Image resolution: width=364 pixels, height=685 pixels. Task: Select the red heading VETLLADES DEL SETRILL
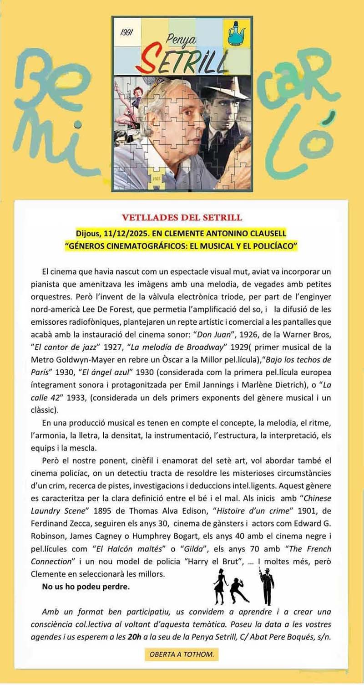(x=182, y=217)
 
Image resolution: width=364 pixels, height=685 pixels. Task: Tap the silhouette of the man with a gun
(x=266, y=585)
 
